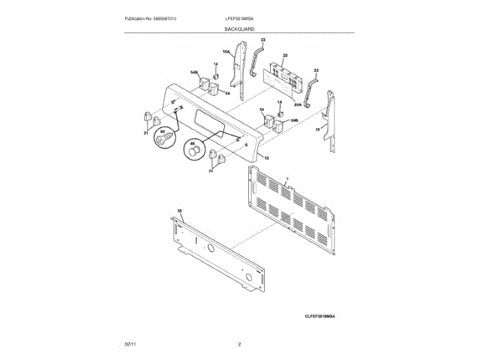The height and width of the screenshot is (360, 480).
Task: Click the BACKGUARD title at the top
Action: point(239,28)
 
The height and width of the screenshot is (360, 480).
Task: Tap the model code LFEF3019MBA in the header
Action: point(239,17)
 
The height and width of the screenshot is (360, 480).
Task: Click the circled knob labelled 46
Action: point(195,152)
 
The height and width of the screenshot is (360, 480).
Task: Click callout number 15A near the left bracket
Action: point(226,52)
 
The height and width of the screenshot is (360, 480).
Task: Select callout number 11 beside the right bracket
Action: point(317,130)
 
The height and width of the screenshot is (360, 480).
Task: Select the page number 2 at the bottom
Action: point(239,343)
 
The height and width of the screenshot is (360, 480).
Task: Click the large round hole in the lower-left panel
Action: point(247,282)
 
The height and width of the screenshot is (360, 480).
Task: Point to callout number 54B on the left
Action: point(193,73)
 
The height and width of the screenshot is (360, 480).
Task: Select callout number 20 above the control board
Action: point(285,55)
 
